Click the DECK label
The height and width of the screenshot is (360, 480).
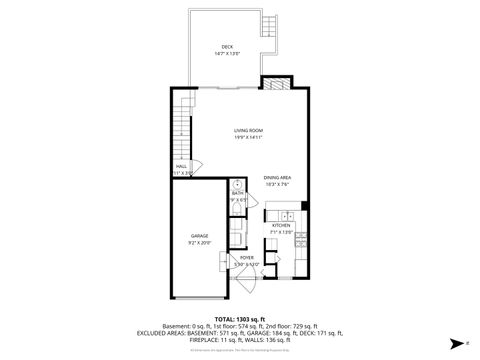point(227,47)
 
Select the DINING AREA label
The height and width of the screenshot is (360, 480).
point(277,177)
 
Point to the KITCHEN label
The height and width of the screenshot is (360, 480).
point(282,225)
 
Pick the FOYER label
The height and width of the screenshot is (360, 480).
point(247,257)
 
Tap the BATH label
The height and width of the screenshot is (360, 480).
point(237,193)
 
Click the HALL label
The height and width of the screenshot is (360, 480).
point(181,166)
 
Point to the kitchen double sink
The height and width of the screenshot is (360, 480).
point(285,216)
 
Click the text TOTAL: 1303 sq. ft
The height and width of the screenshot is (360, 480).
point(239,318)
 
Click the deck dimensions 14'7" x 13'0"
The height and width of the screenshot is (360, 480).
point(227,54)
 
